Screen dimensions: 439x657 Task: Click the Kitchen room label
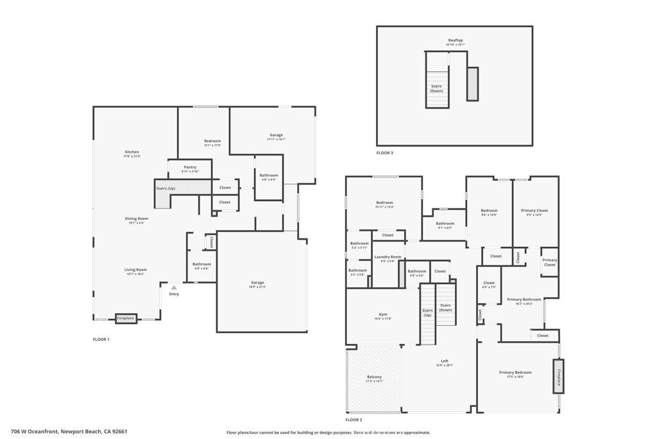tap(132, 152)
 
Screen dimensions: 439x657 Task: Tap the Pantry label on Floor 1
tap(190, 167)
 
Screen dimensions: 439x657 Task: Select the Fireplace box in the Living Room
tap(126, 318)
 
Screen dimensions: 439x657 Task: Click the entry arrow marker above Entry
tap(173, 287)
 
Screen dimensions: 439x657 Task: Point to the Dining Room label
tap(136, 219)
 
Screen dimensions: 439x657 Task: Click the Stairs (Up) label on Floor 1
tap(166, 188)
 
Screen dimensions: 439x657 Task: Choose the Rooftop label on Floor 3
tap(455, 40)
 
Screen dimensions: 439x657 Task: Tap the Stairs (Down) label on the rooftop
tap(436, 88)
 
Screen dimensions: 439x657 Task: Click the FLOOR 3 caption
tap(385, 153)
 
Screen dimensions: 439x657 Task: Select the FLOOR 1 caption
tap(101, 339)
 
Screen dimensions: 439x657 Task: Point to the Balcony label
tap(374, 377)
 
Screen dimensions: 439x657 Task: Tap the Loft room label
tap(445, 361)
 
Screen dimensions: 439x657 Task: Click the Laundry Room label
tap(388, 257)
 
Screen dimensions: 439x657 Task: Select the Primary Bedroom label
tap(515, 372)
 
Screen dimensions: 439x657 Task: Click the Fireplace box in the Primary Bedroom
tap(558, 376)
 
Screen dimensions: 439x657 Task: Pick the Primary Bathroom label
tap(524, 300)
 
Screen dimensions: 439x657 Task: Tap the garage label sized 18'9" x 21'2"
tap(258, 283)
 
